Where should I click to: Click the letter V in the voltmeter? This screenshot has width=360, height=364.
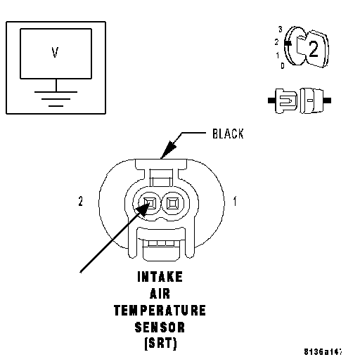55,52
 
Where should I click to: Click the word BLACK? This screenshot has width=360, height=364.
228,134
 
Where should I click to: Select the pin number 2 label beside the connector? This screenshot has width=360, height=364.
80,201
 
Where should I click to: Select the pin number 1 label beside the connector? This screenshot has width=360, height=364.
235,201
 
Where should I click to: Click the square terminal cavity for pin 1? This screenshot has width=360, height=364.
173,203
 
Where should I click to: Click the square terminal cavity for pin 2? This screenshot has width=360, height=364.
150,203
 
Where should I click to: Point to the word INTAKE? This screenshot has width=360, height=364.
160,277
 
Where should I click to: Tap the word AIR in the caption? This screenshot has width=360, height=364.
160,294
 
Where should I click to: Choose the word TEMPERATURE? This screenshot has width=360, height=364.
160,311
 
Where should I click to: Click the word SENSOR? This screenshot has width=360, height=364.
160,327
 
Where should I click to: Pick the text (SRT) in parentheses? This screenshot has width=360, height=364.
160,344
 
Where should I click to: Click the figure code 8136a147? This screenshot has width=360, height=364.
323,352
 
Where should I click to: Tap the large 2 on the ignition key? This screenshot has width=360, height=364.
314,48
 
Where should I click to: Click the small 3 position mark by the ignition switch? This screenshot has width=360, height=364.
281,30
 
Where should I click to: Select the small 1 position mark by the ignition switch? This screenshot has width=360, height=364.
278,56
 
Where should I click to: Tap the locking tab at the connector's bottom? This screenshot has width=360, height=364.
161,251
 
